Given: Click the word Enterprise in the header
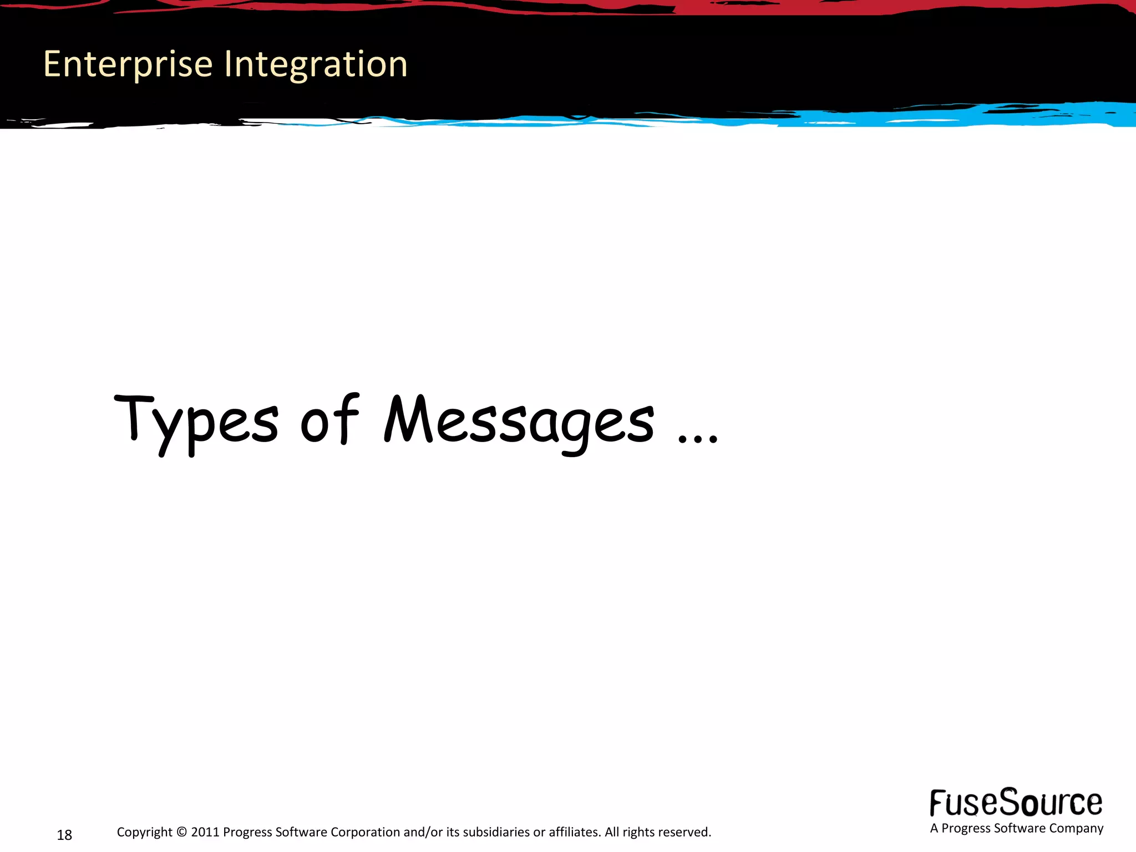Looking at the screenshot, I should (128, 64).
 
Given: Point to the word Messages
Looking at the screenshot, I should (519, 422).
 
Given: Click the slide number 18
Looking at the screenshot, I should (64, 835).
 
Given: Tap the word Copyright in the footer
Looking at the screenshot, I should (145, 832).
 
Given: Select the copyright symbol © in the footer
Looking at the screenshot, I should (182, 832).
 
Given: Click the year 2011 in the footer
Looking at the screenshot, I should (205, 832).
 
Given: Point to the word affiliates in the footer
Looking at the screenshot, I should (574, 832).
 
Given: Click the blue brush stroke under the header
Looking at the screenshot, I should (943, 116).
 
